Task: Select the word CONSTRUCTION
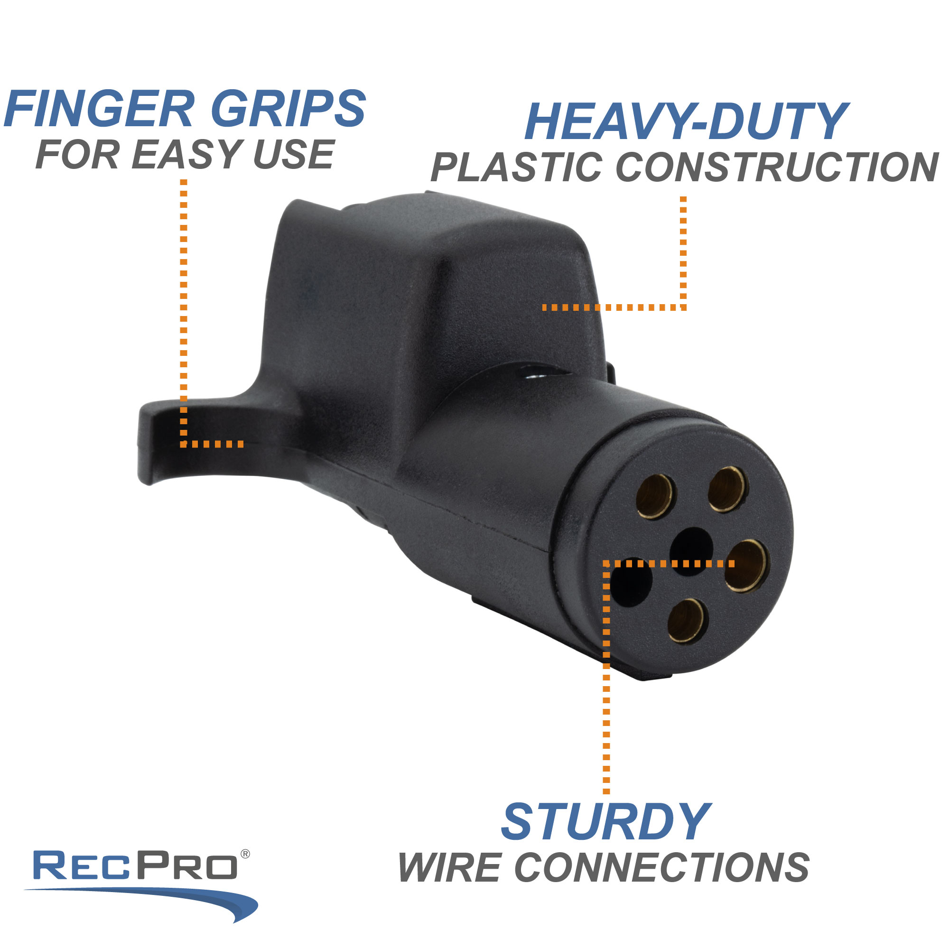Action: coord(777,167)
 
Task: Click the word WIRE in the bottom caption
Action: coord(449,867)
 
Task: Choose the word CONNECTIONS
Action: coord(661,867)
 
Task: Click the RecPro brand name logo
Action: coord(135,865)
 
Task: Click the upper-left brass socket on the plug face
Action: coord(655,496)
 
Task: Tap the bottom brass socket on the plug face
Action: coord(688,620)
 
